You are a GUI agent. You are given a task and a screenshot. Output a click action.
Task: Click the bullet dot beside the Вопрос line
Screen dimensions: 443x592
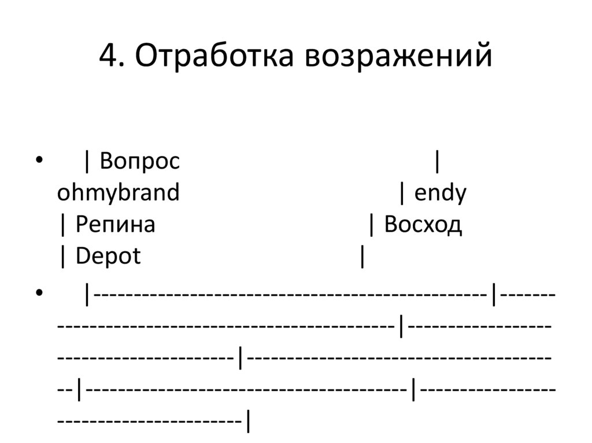tap(39, 161)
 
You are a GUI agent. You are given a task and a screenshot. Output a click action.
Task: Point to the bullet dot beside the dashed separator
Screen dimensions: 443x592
tap(39, 294)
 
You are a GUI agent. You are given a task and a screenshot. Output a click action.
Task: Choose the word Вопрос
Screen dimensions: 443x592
tap(139, 161)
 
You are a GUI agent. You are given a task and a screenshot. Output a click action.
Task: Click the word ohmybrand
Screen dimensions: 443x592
tap(119, 193)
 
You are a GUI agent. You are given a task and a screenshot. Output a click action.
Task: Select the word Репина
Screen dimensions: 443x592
tap(115, 225)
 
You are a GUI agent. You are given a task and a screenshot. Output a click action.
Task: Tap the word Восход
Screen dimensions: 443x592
tap(423, 225)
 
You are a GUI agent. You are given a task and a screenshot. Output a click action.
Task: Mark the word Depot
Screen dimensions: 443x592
tap(108, 256)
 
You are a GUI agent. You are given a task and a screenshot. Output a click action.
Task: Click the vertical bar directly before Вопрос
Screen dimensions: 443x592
tap(87, 162)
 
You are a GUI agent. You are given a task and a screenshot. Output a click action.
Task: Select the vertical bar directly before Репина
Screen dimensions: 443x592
tap(62, 225)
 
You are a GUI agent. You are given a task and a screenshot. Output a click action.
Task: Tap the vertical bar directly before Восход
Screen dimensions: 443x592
tap(371, 225)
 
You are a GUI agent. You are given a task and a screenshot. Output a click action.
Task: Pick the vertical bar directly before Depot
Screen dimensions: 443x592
tap(62, 257)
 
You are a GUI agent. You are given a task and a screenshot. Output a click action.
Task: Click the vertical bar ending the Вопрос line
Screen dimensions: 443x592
tap(436, 162)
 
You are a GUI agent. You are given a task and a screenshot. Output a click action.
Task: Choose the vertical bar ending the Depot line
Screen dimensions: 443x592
tap(362, 257)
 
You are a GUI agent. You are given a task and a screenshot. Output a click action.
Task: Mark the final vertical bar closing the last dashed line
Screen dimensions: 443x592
tap(248, 422)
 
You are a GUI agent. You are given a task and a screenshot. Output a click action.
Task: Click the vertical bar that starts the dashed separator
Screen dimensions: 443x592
tap(87, 295)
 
